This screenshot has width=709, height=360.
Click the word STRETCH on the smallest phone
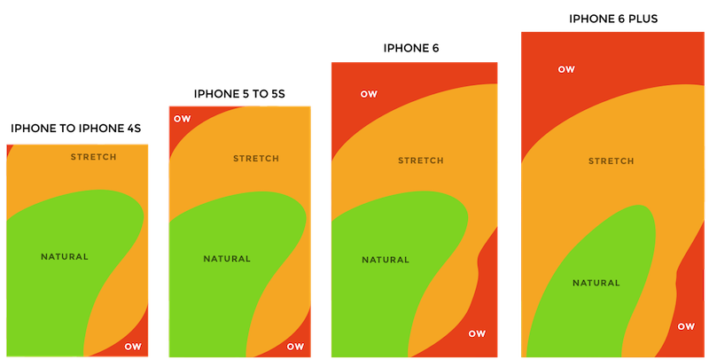pos(93,157)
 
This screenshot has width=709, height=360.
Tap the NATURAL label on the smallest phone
pos(65,257)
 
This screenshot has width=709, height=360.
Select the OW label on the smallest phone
pos(132,346)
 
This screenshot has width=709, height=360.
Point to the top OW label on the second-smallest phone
pos(182,118)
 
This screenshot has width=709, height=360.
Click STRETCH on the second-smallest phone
pos(256,159)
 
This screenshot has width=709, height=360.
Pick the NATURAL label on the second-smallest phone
pos(227,259)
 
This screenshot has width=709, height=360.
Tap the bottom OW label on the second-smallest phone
pos(295,346)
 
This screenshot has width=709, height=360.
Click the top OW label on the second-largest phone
pos(368,94)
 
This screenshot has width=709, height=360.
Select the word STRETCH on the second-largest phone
pos(421,160)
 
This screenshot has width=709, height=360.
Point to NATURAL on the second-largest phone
pos(386,260)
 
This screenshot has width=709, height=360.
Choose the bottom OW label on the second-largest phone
pos(477,333)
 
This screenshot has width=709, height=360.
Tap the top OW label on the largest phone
pos(565,68)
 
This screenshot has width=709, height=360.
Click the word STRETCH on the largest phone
pos(612,161)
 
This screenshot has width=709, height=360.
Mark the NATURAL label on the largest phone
pos(596,283)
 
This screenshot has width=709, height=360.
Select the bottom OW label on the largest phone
pos(686,326)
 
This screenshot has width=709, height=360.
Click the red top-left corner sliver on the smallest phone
pos(7,148)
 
